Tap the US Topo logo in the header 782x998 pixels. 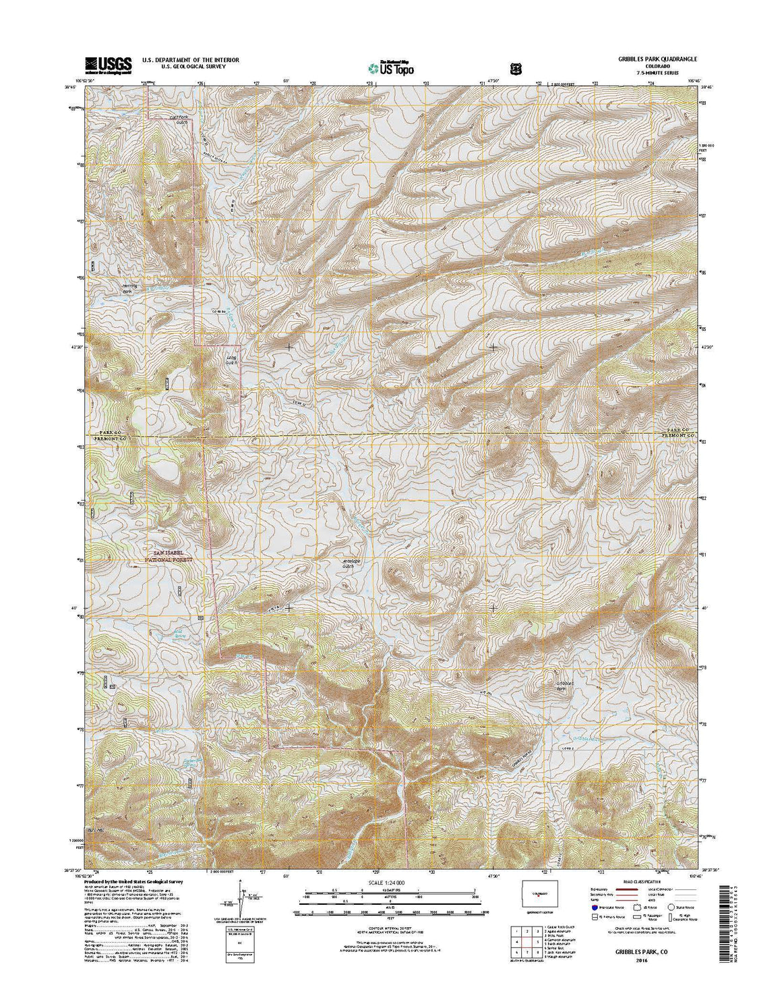pos(391,67)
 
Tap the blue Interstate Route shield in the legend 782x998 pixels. pos(593,908)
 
